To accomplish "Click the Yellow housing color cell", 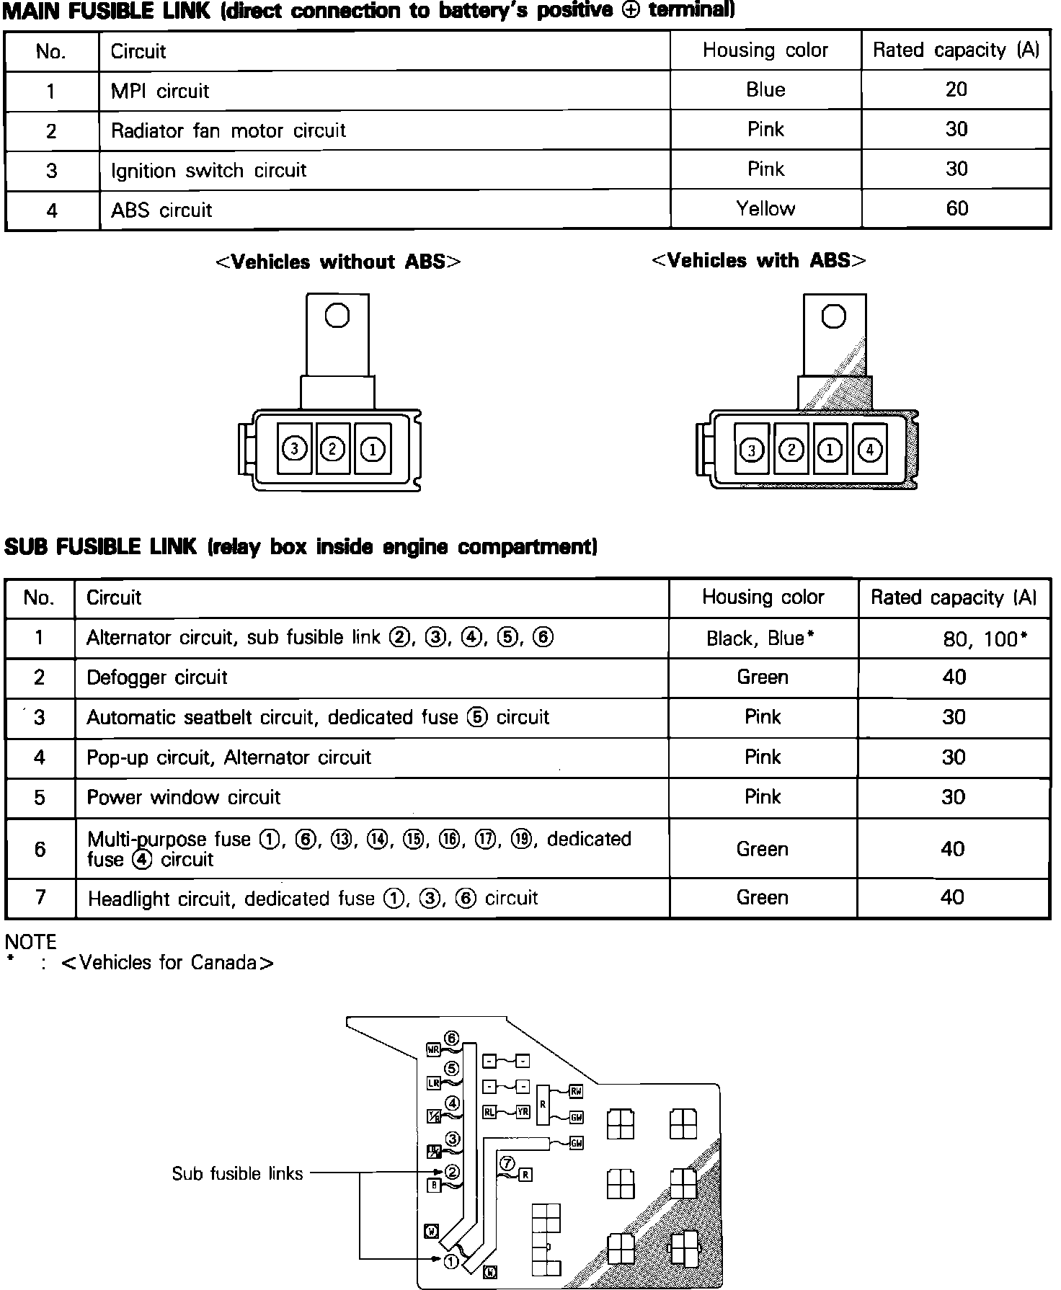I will pyautogui.click(x=765, y=209).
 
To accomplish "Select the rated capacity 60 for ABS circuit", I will pyautogui.click(x=956, y=209).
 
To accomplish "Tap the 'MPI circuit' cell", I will pyautogui.click(x=160, y=92).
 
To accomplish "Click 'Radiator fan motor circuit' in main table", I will pyautogui.click(x=228, y=131).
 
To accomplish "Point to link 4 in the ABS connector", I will pyautogui.click(x=870, y=450).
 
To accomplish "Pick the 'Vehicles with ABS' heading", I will pyautogui.click(x=758, y=261).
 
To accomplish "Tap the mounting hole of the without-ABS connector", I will pyautogui.click(x=337, y=316).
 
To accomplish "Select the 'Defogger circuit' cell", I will pyautogui.click(x=157, y=677).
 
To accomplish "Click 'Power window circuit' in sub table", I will pyautogui.click(x=183, y=797).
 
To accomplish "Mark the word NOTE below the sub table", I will pyautogui.click(x=30, y=942).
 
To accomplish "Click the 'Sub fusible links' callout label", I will pyautogui.click(x=237, y=1173).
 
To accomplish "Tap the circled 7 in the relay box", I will pyautogui.click(x=507, y=1163).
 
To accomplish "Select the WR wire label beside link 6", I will pyautogui.click(x=433, y=1050).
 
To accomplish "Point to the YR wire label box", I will pyautogui.click(x=523, y=1112).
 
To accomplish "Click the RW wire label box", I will pyautogui.click(x=576, y=1092).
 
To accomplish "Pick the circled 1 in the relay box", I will pyautogui.click(x=451, y=1261).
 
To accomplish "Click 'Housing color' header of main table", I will pyautogui.click(x=765, y=50).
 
